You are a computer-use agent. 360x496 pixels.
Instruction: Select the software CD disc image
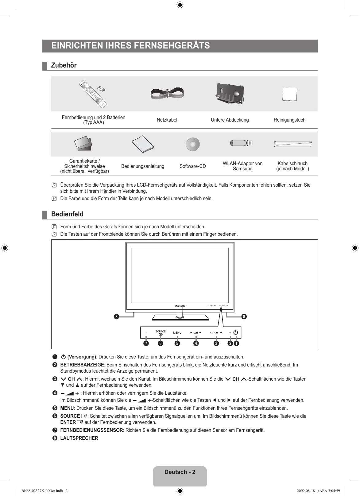[193, 144]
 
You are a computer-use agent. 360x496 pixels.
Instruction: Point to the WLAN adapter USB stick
[241, 143]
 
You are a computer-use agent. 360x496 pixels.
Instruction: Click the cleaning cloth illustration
[290, 94]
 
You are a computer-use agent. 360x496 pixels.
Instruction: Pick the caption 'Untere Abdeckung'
[230, 120]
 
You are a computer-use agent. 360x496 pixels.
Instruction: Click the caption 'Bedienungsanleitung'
[143, 166]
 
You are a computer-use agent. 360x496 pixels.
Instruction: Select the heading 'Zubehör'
[64, 65]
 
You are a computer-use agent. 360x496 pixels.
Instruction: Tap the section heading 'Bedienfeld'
[67, 214]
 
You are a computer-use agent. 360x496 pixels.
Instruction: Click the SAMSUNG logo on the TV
[180, 306]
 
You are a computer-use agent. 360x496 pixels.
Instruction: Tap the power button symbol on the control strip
[235, 332]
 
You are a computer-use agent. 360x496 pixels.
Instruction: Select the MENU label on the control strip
[177, 333]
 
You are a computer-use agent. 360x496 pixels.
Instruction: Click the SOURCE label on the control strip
[161, 331]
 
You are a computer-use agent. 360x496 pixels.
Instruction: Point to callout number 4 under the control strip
[196, 343]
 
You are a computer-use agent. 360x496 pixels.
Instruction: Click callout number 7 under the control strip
[145, 343]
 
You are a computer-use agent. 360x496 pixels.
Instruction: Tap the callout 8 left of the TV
[116, 316]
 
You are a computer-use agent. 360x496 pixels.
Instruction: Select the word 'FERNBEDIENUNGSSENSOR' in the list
[91, 430]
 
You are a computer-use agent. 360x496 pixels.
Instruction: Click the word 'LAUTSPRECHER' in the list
[79, 438]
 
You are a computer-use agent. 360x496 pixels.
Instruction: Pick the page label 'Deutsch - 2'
[180, 472]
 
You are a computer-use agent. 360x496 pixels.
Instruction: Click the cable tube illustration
[292, 144]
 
